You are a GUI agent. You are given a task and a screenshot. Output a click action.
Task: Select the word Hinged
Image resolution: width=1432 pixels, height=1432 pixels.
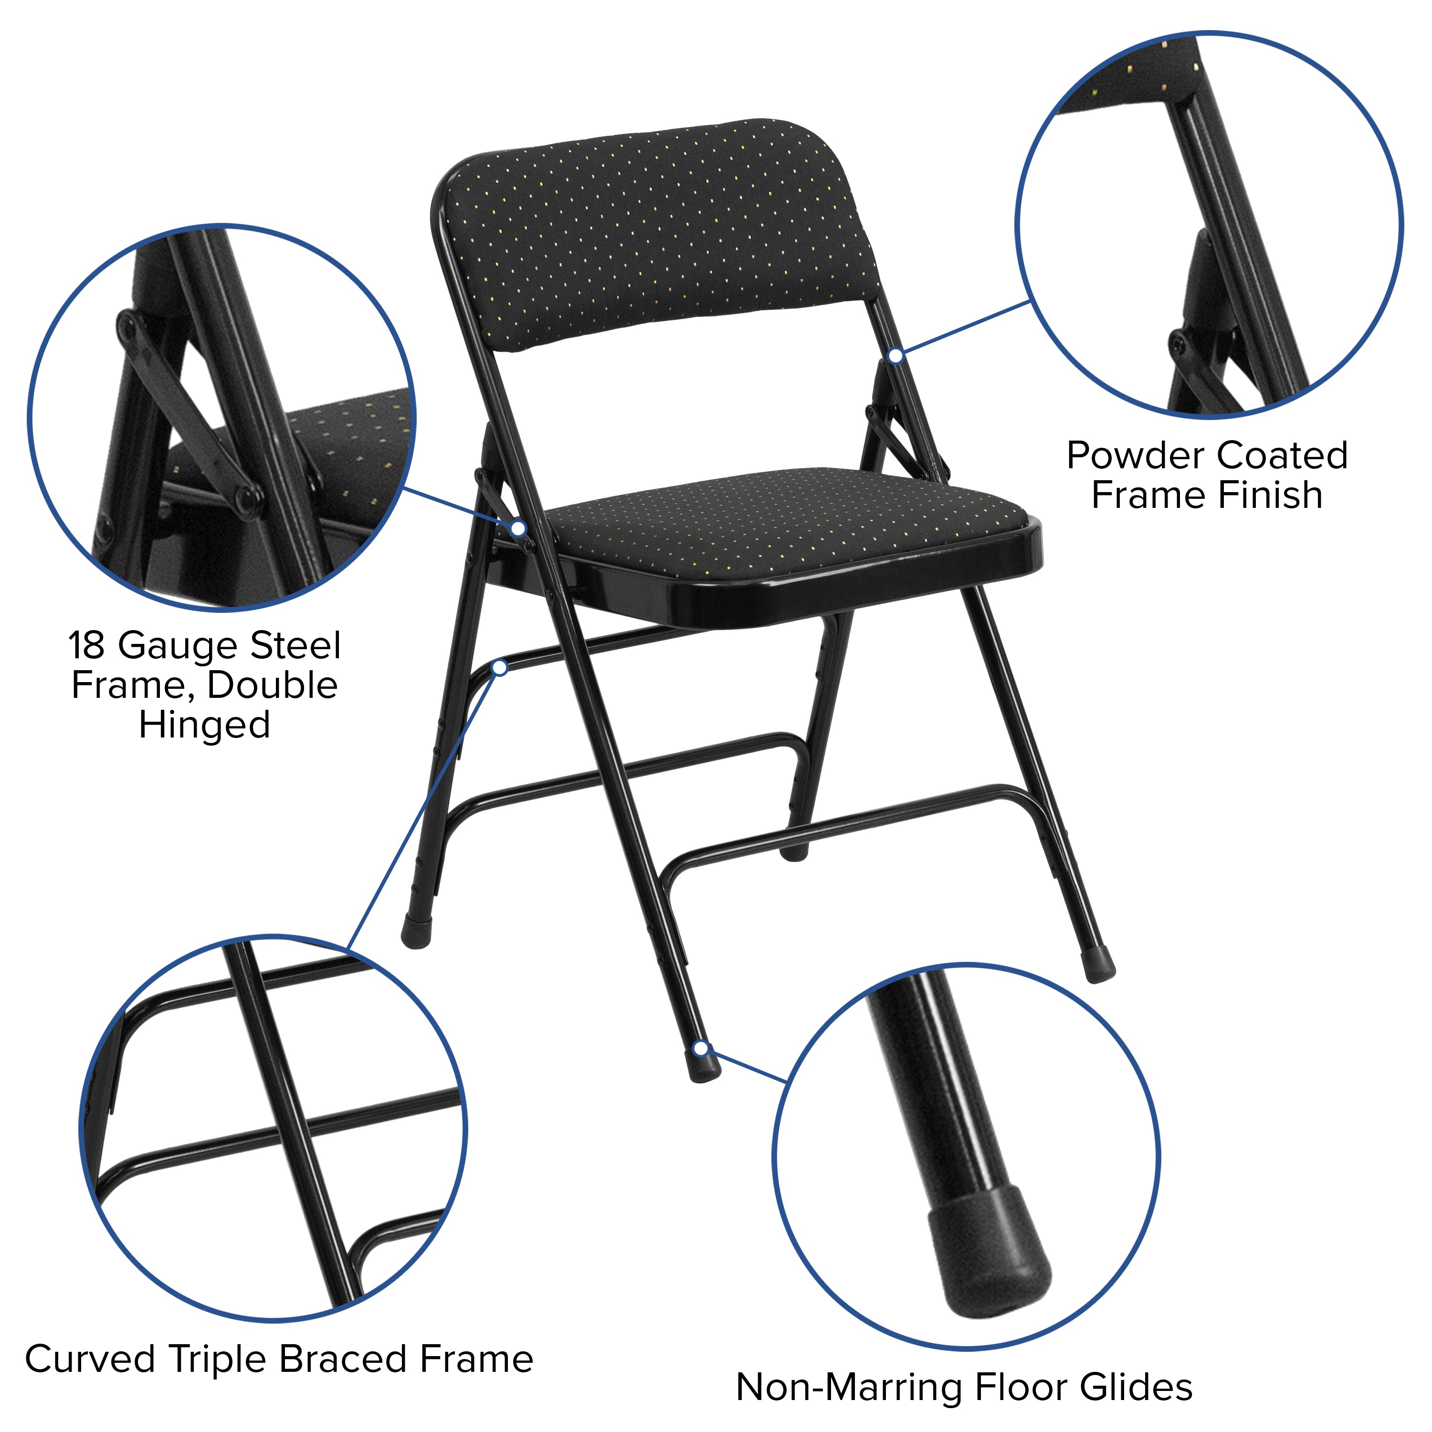205,725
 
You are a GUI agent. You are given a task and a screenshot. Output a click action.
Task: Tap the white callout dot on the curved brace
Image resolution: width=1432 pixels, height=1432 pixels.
500,668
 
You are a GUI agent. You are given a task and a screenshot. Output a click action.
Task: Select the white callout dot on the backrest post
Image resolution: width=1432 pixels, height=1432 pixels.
895,356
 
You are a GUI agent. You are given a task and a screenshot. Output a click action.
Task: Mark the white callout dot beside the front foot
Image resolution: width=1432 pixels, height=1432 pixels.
700,1048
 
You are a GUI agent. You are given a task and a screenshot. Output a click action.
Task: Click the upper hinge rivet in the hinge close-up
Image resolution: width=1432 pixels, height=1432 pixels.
128,323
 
